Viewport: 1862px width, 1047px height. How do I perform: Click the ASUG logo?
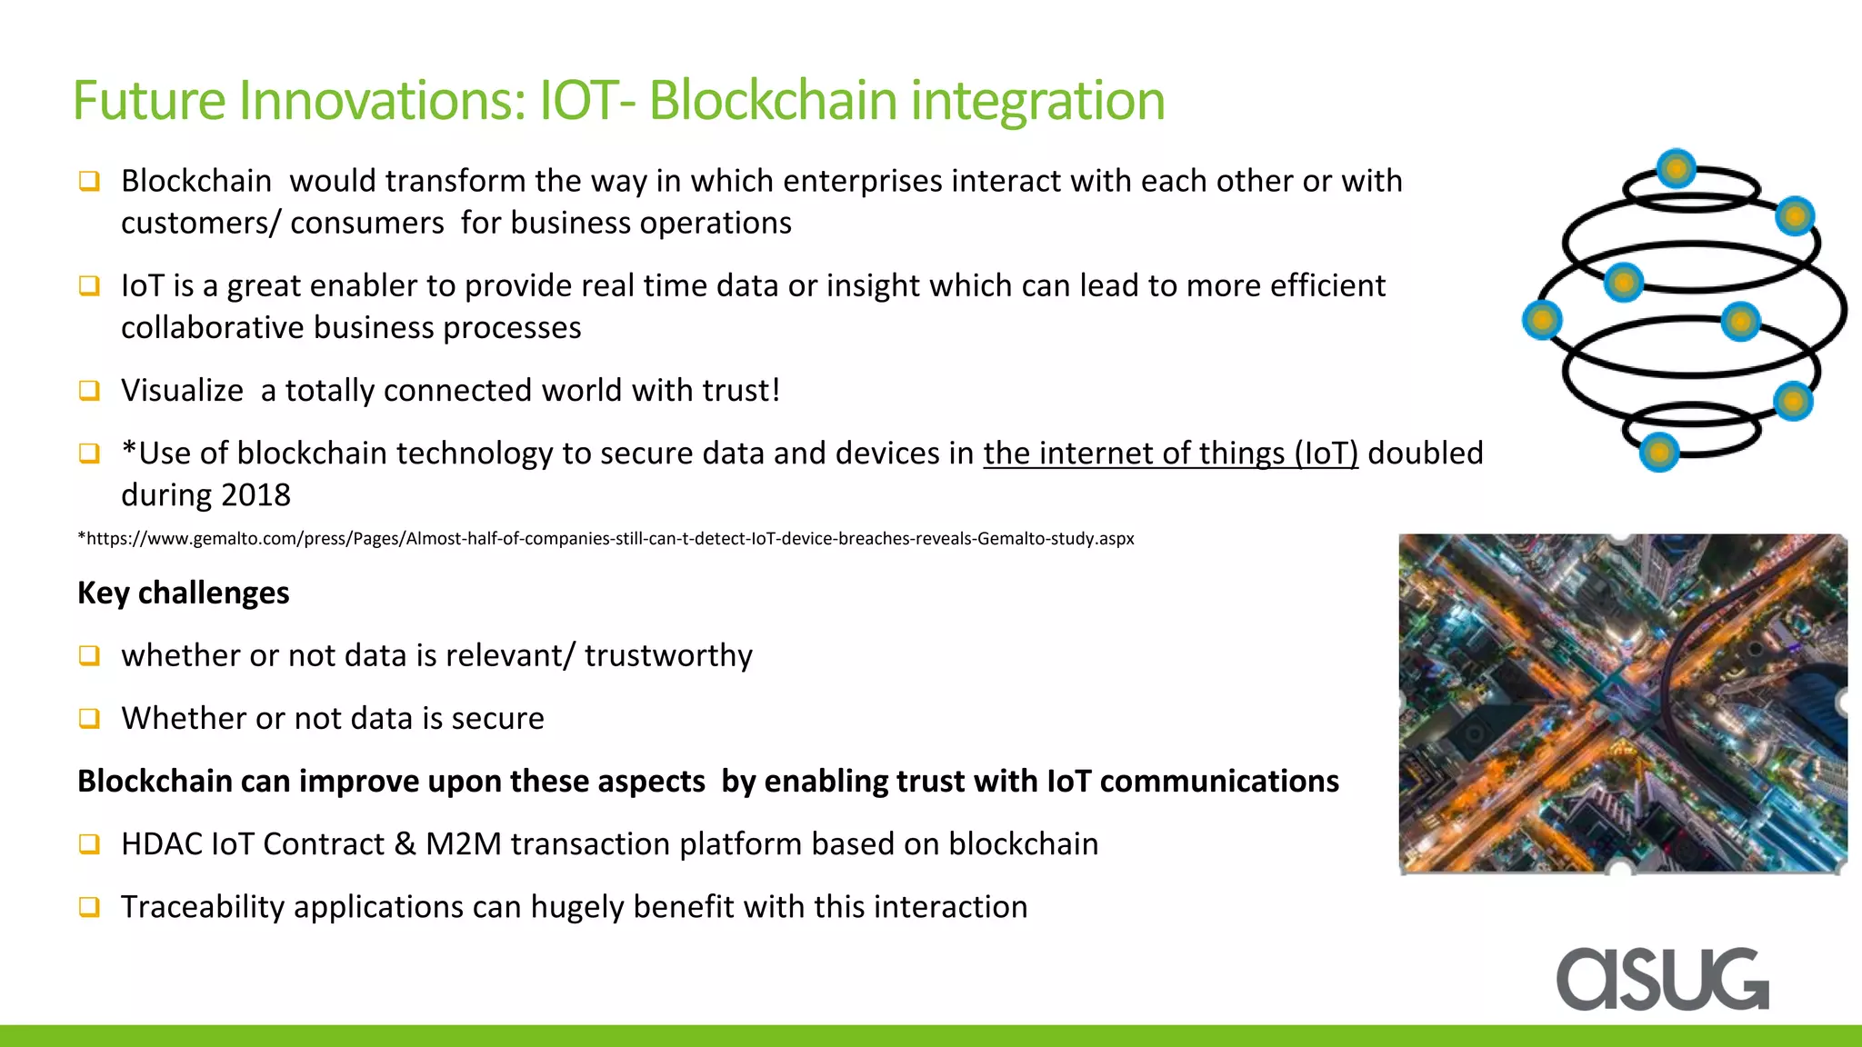pos(1662,979)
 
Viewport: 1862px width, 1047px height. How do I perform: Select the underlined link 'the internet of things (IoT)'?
pos(1170,453)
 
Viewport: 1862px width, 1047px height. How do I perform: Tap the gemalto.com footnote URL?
pos(606,538)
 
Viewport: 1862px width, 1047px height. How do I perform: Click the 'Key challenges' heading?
pos(184,593)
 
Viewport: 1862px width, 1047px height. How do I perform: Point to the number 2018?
pos(255,494)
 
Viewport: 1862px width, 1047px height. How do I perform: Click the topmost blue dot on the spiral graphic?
pos(1676,168)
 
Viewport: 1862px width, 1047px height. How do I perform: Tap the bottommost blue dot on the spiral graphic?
pos(1658,452)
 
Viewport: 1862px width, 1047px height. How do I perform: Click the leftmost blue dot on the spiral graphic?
pos(1542,320)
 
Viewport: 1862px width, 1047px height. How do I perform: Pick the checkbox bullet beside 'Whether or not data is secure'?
pos(89,718)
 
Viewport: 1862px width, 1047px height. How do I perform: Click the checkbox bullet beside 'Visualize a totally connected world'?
pos(89,390)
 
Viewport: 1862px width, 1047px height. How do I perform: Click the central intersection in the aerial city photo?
pos(1618,700)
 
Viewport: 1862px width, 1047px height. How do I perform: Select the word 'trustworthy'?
pos(668,655)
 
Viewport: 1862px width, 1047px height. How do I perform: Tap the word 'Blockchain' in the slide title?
pos(773,100)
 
